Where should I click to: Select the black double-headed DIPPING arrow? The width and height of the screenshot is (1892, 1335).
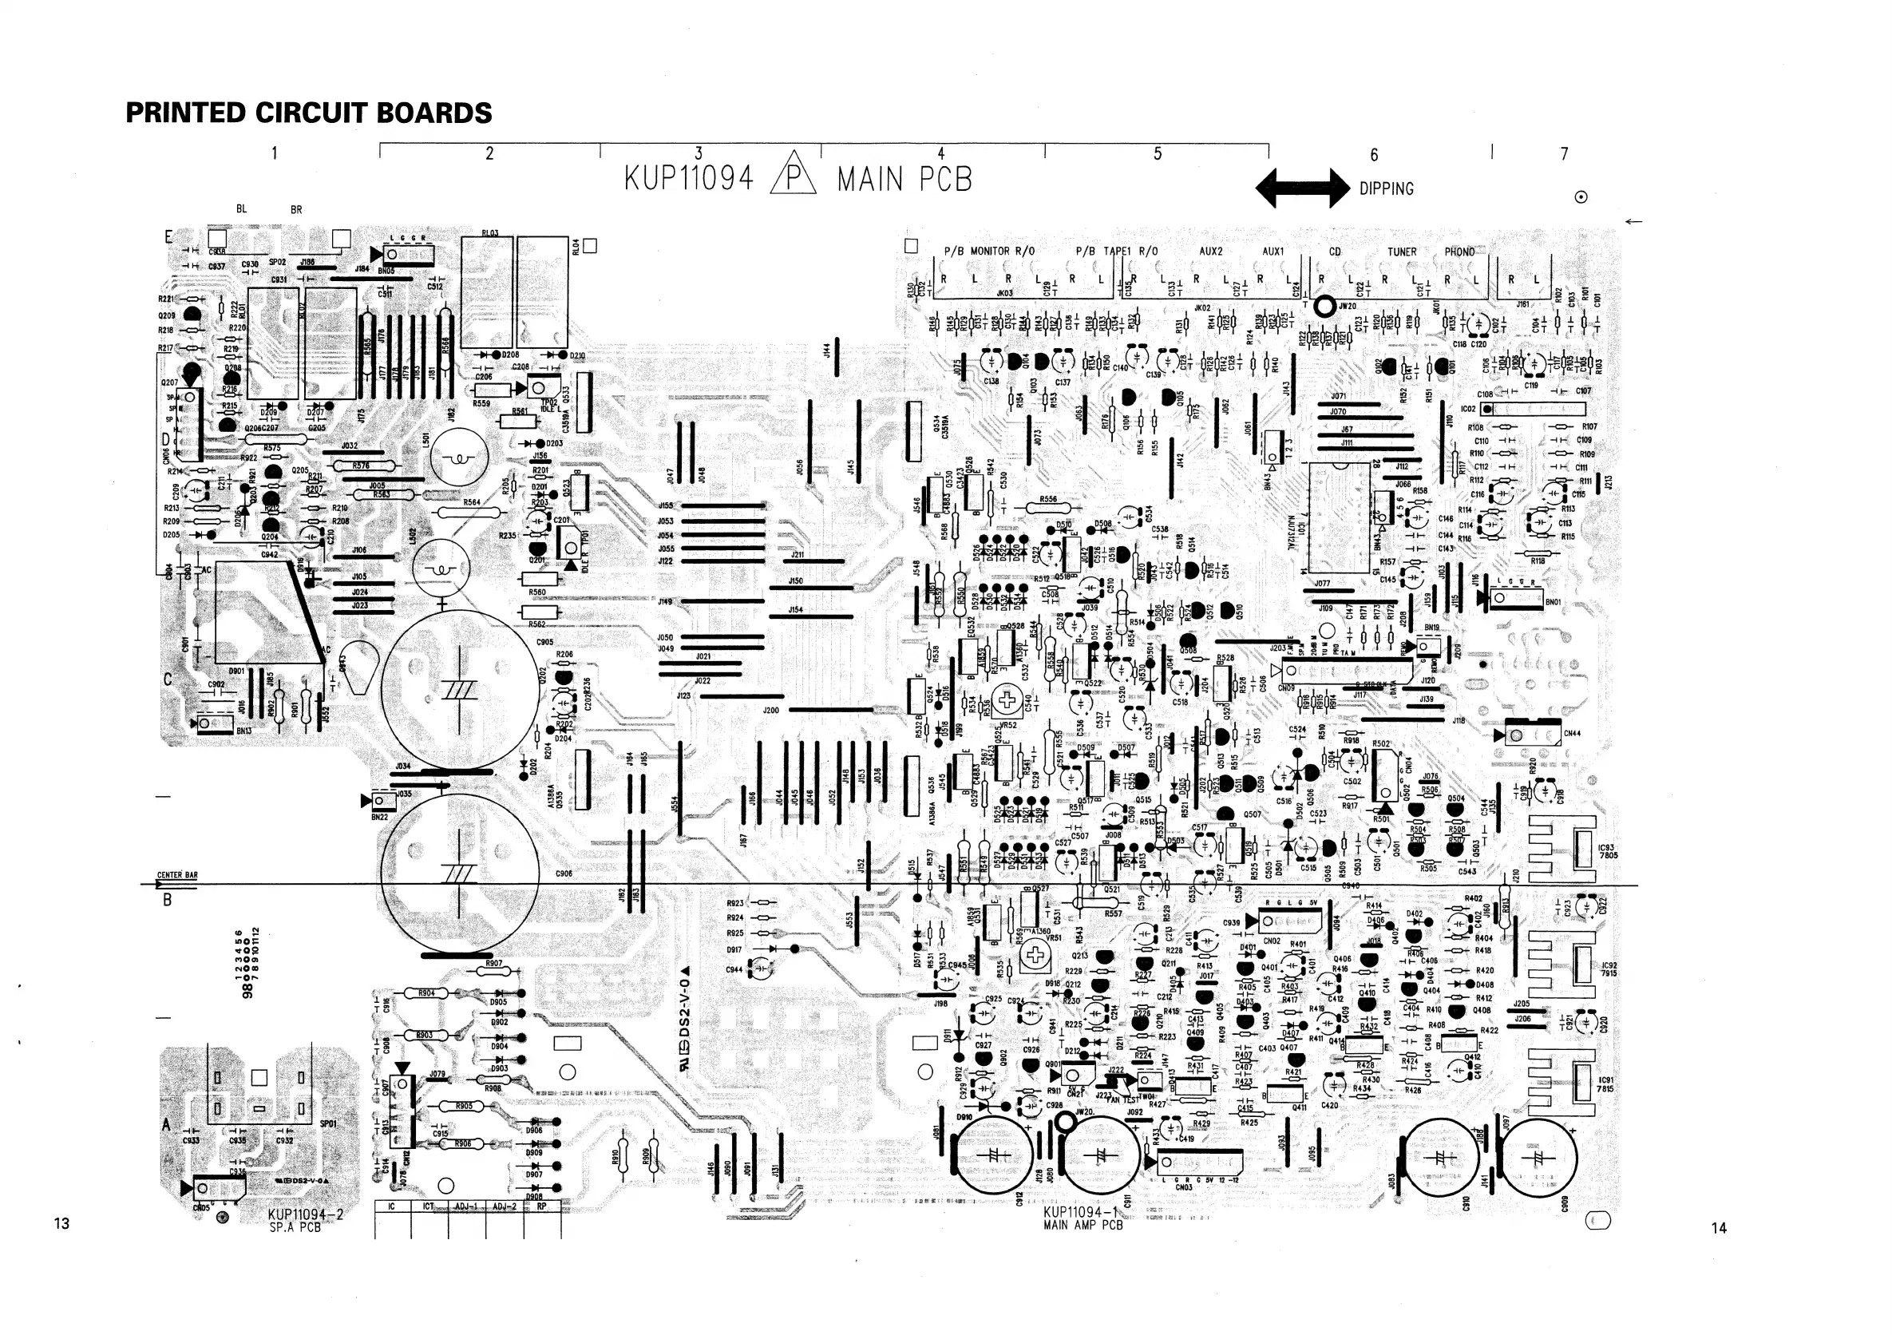pyautogui.click(x=1302, y=188)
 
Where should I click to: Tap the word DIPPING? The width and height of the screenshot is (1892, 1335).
pyautogui.click(x=1386, y=188)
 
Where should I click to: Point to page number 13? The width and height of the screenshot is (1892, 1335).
pyautogui.click(x=61, y=1223)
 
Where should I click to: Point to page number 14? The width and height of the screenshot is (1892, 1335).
pyautogui.click(x=1718, y=1228)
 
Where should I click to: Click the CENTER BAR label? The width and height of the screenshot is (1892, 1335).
pyautogui.click(x=177, y=875)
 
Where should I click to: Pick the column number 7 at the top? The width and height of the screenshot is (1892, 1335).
pyautogui.click(x=1564, y=153)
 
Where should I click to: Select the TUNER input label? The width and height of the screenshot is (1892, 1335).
pyautogui.click(x=1402, y=252)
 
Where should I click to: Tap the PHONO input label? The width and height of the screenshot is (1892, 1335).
pyautogui.click(x=1459, y=252)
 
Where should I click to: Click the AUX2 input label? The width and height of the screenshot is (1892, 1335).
pyautogui.click(x=1210, y=252)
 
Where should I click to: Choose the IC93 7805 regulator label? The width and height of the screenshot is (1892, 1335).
pyautogui.click(x=1607, y=851)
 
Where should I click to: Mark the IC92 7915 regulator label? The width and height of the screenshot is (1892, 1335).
pyautogui.click(x=1609, y=969)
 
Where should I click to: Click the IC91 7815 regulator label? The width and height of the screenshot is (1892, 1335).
pyautogui.click(x=1605, y=1083)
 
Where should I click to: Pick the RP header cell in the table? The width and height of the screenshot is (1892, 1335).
pyautogui.click(x=541, y=1206)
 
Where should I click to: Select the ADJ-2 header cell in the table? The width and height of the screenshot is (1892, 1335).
pyautogui.click(x=505, y=1206)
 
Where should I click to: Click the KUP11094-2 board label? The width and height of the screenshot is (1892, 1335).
pyautogui.click(x=306, y=1214)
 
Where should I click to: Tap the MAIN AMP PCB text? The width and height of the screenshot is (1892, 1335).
pyautogui.click(x=1083, y=1225)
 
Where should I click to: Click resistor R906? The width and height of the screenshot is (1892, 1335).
pyautogui.click(x=463, y=1144)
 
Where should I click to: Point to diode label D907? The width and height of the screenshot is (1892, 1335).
pyautogui.click(x=534, y=1175)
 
